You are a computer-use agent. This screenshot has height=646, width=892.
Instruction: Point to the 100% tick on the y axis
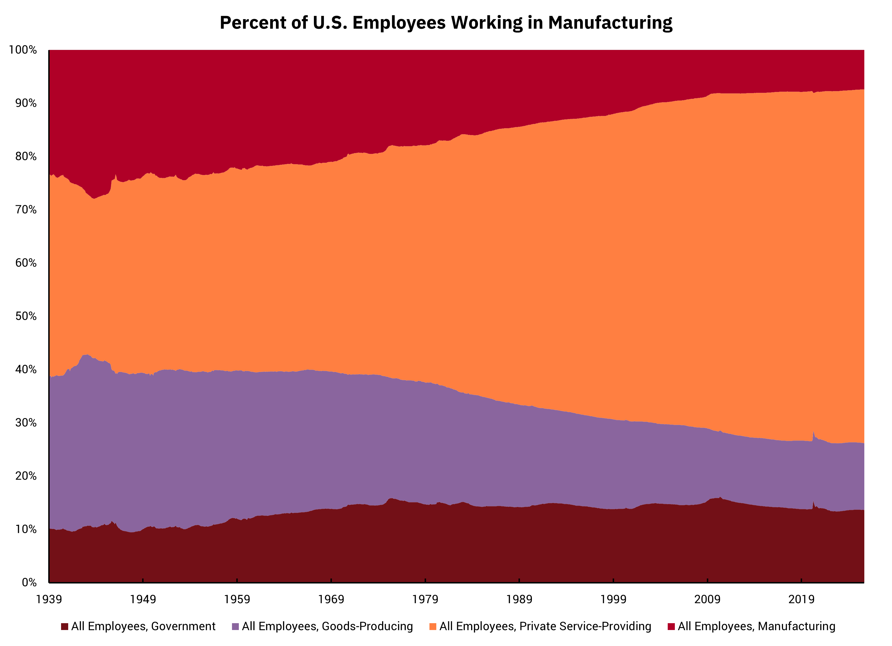(23, 50)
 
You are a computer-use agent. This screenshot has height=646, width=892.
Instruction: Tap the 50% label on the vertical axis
(26, 316)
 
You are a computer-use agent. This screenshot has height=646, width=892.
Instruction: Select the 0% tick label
(29, 582)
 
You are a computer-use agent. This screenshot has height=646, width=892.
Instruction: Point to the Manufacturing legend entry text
(756, 626)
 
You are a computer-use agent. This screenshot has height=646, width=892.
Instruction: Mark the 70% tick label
(26, 210)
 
